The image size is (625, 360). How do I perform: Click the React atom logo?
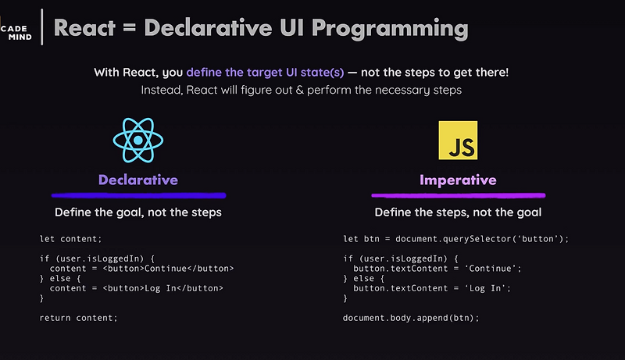coord(138,141)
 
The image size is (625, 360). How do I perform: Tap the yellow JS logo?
coord(459,141)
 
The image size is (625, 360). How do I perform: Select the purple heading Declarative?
coord(138,180)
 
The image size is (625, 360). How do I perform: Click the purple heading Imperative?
coord(458,180)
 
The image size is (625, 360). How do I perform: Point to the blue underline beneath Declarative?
coord(138,194)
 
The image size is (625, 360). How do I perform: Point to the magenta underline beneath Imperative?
coord(458,195)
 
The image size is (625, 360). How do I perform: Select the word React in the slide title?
coord(86,28)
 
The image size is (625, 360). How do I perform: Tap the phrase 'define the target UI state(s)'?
coord(265,73)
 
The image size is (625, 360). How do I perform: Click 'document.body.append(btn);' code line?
coord(410,318)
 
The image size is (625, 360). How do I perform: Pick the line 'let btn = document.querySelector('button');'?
coord(456,238)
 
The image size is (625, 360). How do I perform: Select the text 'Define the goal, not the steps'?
coord(138,212)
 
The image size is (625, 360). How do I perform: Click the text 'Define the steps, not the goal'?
coord(458,212)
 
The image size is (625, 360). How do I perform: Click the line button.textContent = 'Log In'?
coord(426,288)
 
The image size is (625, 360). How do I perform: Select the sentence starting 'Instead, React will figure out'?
coord(302,90)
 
